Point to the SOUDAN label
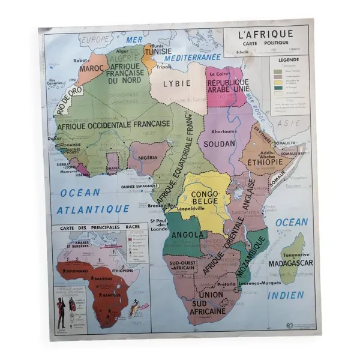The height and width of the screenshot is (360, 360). (x=220, y=144)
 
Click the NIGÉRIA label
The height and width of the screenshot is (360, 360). (x=148, y=157)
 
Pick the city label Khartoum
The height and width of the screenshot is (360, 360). (x=223, y=131)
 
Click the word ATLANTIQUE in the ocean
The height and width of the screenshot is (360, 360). (x=93, y=209)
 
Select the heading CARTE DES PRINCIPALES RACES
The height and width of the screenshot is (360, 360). (x=96, y=228)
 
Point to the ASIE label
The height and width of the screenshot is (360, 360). (x=292, y=122)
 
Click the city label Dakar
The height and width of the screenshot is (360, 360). (x=59, y=138)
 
